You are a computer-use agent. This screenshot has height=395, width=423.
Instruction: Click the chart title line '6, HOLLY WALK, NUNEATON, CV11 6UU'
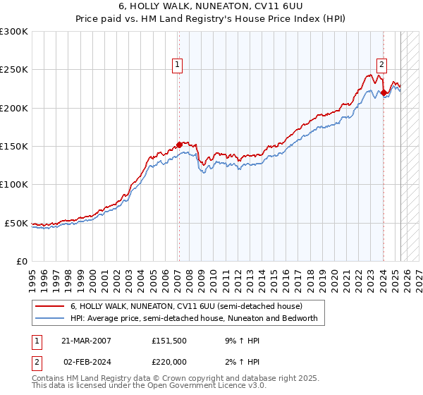[x=211, y=8]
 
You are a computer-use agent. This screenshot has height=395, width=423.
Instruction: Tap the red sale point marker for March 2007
[x=179, y=145]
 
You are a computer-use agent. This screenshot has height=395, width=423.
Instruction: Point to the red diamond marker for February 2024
[x=384, y=92]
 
